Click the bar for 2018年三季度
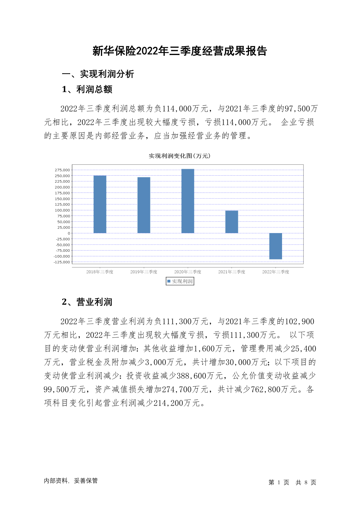coord(100,204)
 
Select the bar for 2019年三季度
coord(144,205)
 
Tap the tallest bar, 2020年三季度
coord(188,201)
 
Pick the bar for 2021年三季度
coord(232,222)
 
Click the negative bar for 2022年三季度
coord(275,246)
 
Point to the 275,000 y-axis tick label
coord(62,170)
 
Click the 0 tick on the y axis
coord(69,233)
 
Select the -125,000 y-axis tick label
coord(62,262)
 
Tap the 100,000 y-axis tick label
coord(62,210)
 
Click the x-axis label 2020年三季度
coord(188,272)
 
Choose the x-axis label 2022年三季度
coord(275,272)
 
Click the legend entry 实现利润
coord(180,281)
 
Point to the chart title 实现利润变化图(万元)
coord(180,156)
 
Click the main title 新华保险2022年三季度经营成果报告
coord(180,51)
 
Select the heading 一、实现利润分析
coord(98,74)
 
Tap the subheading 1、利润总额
coord(87,89)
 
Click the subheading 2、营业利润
coord(87,302)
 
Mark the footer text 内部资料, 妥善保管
coord(71,481)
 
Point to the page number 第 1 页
coord(279,482)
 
